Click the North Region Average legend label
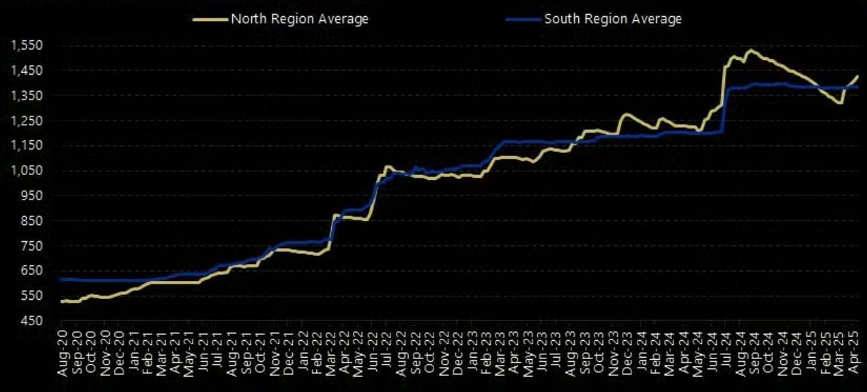[300, 19]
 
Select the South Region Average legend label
[613, 19]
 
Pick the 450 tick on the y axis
[31, 321]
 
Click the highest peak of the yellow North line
[751, 50]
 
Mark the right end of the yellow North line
[858, 76]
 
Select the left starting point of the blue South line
[61, 279]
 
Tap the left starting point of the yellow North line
[61, 302]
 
